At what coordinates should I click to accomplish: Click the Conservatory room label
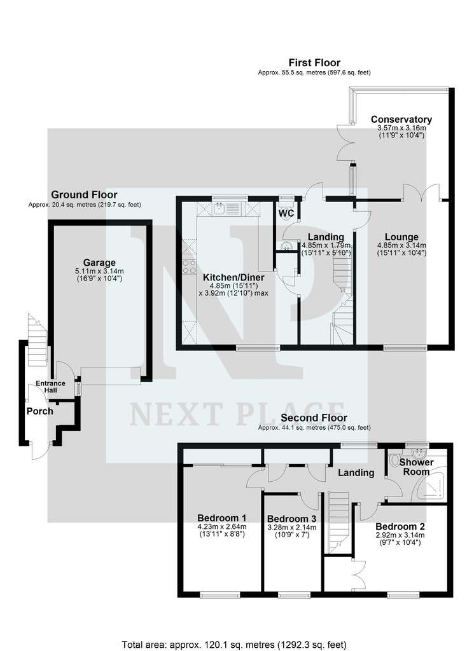(x=401, y=120)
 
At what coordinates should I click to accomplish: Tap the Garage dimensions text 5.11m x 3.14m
(x=99, y=271)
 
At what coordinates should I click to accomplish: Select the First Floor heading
(x=314, y=63)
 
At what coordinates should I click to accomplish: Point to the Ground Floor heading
(x=85, y=195)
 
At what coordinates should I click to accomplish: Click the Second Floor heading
(x=314, y=418)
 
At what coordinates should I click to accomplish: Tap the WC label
(x=287, y=214)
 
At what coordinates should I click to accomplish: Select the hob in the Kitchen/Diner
(x=190, y=266)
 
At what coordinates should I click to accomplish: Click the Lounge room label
(x=401, y=237)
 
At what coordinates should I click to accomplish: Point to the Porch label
(x=40, y=411)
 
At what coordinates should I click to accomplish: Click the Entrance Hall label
(x=50, y=387)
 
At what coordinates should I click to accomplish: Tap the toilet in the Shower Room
(x=394, y=460)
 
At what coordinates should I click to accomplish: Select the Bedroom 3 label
(x=291, y=519)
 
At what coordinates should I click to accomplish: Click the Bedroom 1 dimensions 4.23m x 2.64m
(x=222, y=526)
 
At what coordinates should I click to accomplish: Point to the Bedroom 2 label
(x=400, y=526)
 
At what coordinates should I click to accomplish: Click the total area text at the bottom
(x=234, y=645)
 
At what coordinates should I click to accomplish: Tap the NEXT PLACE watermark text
(x=237, y=414)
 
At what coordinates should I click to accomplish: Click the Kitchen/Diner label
(x=234, y=277)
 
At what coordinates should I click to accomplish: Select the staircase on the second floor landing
(x=338, y=522)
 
